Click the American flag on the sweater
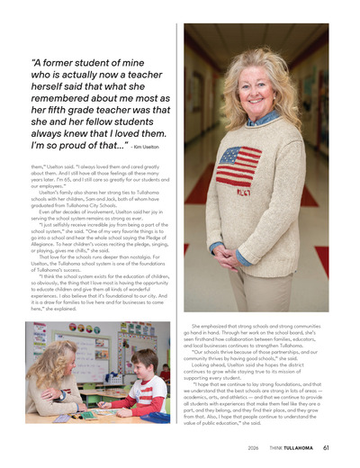coord(239,166)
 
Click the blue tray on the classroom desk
coord(155,417)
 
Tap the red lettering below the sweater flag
coord(244,193)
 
